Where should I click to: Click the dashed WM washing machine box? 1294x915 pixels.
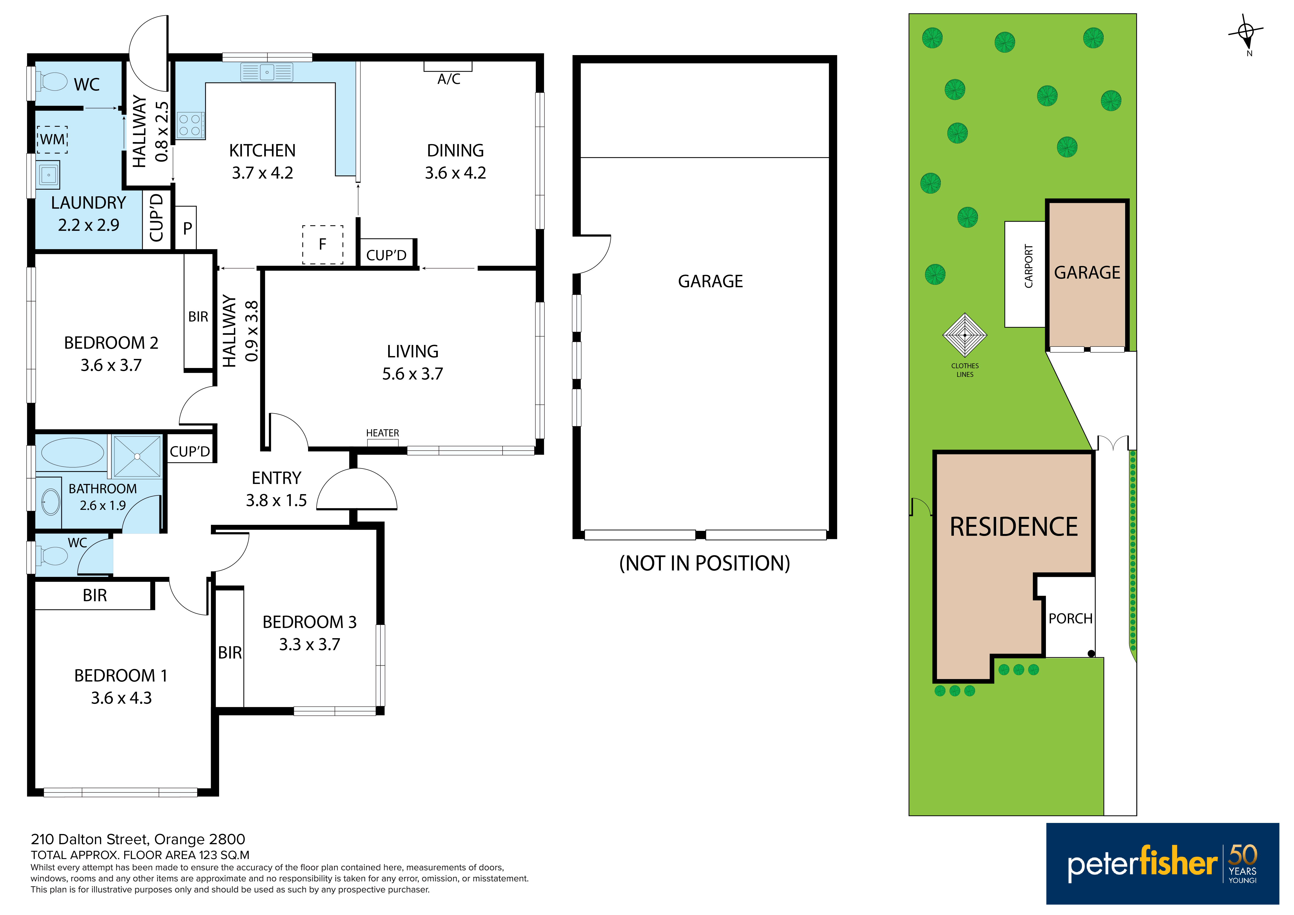click(52, 139)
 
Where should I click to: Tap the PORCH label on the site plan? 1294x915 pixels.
click(1070, 619)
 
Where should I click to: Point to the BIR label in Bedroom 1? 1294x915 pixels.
click(95, 595)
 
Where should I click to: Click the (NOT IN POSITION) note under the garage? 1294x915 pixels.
click(704, 563)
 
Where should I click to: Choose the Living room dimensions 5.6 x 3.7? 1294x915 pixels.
click(413, 374)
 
